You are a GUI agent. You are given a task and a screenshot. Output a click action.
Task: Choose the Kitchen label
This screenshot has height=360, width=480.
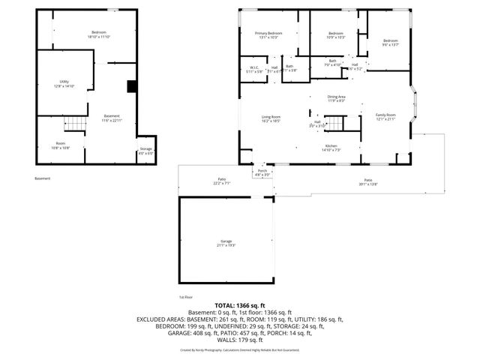tap(331, 147)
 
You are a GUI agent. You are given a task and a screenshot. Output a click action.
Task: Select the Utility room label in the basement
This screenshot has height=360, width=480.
tap(64, 83)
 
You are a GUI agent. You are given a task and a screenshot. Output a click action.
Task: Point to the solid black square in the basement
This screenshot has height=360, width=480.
tap(132, 87)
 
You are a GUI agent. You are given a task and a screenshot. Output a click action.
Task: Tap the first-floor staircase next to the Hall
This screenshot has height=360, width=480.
tap(340, 123)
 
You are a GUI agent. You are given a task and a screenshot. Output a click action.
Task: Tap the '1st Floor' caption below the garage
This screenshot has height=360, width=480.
tap(186, 296)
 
